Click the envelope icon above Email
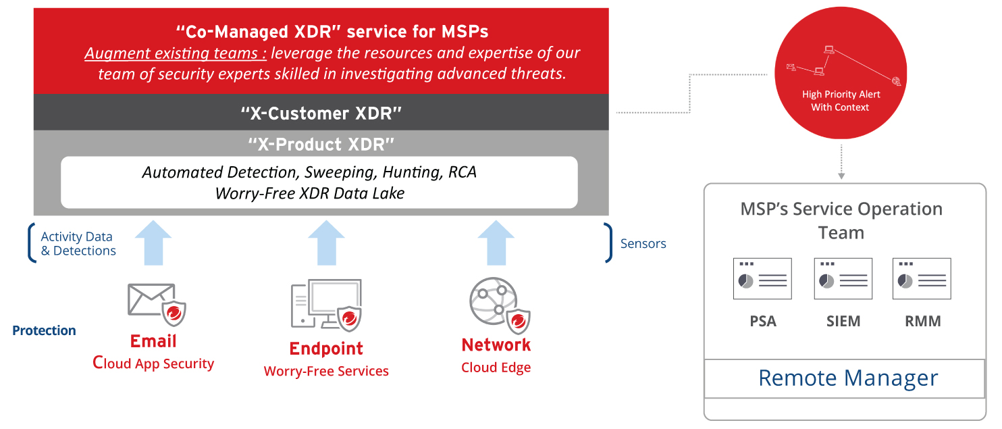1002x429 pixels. pyautogui.click(x=149, y=299)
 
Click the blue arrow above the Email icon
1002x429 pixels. pyautogui.click(x=153, y=243)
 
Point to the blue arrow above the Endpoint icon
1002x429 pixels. pyautogui.click(x=327, y=243)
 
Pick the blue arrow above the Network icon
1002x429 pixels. pyautogui.click(x=496, y=243)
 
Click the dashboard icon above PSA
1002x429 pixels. pyautogui.click(x=762, y=278)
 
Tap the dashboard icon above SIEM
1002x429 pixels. pyautogui.click(x=843, y=278)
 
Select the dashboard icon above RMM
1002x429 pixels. pyautogui.click(x=922, y=278)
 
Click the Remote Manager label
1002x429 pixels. pyautogui.click(x=848, y=378)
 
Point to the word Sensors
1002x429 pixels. pyautogui.click(x=643, y=244)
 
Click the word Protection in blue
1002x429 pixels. pyautogui.click(x=44, y=330)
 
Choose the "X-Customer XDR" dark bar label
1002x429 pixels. pyautogui.click(x=321, y=113)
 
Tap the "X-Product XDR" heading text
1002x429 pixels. pyautogui.click(x=321, y=144)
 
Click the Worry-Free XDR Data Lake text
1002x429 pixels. pyautogui.click(x=310, y=193)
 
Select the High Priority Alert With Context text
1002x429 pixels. pyautogui.click(x=841, y=101)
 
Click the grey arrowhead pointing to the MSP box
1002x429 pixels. pyautogui.click(x=841, y=176)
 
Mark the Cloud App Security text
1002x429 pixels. pyautogui.click(x=153, y=363)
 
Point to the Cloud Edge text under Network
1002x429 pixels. pyautogui.click(x=496, y=368)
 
